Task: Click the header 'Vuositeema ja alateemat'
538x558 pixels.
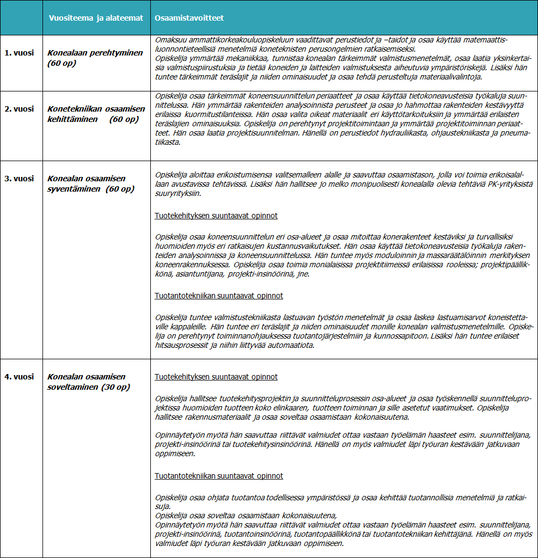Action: click(96, 18)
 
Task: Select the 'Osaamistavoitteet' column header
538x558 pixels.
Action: click(189, 18)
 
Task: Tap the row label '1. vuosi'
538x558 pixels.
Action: click(20, 53)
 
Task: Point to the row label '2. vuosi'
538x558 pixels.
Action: click(20, 109)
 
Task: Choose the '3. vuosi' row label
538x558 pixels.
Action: click(20, 179)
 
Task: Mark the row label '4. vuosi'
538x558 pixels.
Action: click(20, 377)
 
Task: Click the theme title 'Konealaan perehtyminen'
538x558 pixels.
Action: click(95, 53)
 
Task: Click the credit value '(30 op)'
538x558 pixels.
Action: click(115, 387)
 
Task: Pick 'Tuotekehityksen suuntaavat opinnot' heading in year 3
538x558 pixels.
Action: click(216, 216)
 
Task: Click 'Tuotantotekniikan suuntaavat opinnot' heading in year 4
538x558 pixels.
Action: click(219, 476)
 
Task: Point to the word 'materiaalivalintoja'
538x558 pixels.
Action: click(451, 77)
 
